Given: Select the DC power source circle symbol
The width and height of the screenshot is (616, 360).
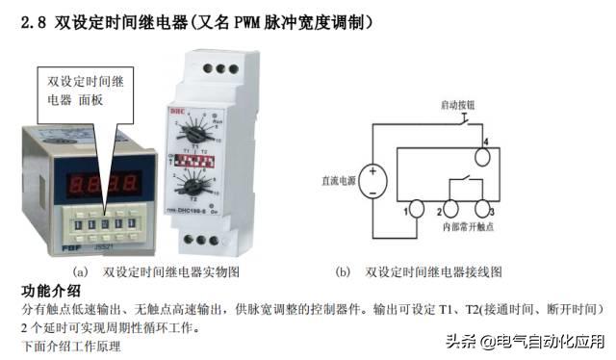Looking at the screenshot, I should [373, 179].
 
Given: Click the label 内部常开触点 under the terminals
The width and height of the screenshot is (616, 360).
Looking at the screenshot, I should [466, 227].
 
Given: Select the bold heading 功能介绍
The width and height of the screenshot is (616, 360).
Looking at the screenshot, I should [51, 292].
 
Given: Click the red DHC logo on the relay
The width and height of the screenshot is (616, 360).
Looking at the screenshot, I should [180, 110].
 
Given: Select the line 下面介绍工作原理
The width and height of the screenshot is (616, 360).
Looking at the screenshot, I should [71, 346].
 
